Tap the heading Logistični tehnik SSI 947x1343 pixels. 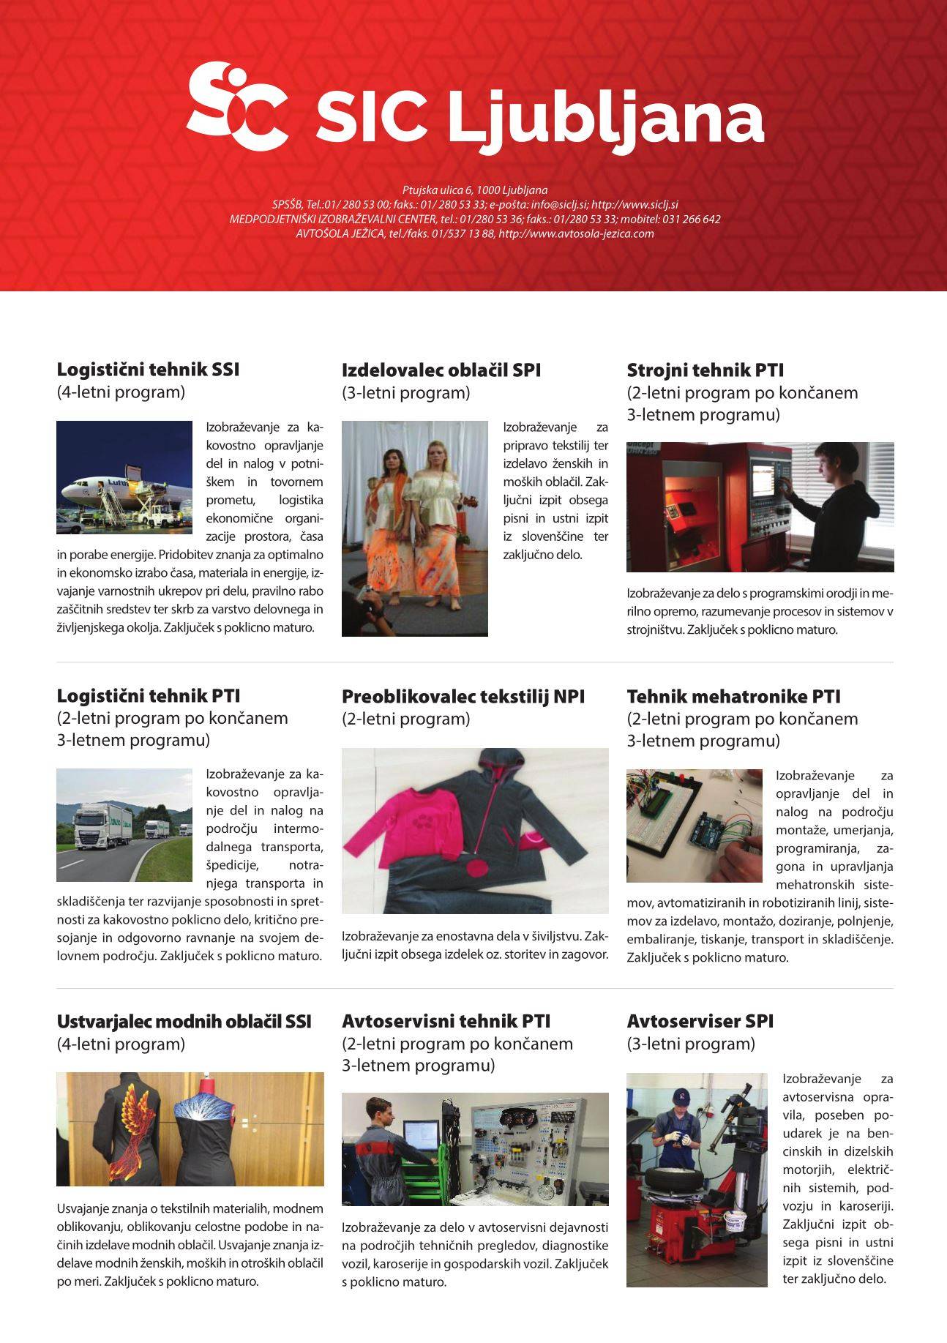[x=148, y=370]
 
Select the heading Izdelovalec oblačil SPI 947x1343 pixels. [x=441, y=370]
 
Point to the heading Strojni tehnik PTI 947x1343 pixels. [x=705, y=370]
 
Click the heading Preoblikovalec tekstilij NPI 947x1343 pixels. [x=463, y=696]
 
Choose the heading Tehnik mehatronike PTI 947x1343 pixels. [x=733, y=696]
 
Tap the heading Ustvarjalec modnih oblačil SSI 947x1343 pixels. [x=184, y=1021]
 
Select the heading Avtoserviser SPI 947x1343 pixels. [x=700, y=1021]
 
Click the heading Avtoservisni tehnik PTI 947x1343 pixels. [x=446, y=1021]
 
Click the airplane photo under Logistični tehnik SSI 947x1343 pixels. [x=124, y=477]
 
